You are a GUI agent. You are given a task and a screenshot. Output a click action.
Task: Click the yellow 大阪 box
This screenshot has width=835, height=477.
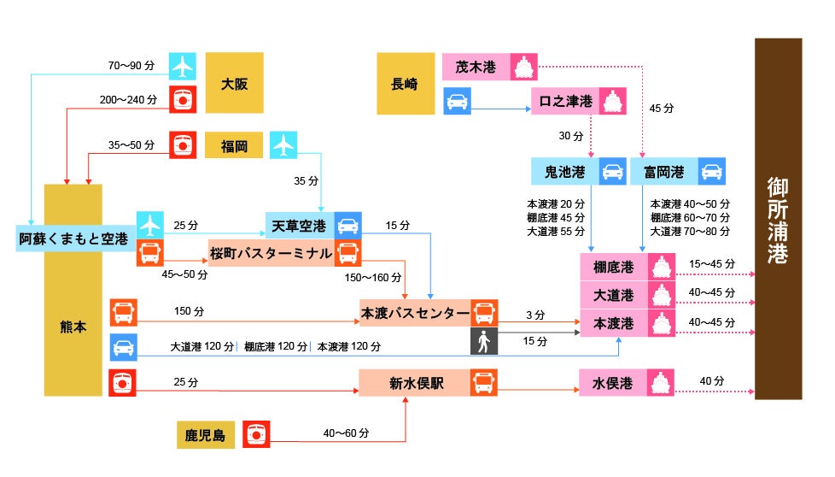[x=234, y=83]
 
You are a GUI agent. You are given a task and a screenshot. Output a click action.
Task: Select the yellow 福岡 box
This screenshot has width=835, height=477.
[x=234, y=145]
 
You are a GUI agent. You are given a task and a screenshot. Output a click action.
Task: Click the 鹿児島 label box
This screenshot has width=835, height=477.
[x=206, y=434]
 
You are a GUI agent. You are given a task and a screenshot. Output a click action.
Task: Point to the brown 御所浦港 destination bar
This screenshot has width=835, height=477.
[x=777, y=219]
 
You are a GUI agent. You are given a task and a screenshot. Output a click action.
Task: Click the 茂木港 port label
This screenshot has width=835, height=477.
[x=476, y=67]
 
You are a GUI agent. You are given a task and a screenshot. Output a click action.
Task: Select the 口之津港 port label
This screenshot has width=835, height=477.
[x=565, y=101]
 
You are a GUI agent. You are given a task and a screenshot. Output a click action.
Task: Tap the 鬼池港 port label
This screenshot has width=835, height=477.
[x=564, y=171]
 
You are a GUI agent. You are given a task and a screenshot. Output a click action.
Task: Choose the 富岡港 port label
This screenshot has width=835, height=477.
[x=663, y=171]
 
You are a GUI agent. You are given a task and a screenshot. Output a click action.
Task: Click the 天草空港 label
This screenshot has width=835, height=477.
[x=299, y=226]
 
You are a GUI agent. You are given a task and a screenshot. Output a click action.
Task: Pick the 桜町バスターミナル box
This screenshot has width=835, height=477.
[x=271, y=253]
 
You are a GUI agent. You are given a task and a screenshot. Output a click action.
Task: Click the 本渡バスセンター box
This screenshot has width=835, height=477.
[x=414, y=314]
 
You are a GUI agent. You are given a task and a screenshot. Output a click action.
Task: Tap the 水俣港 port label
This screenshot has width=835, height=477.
[x=612, y=383]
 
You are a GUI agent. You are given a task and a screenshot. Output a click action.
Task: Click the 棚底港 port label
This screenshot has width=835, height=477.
[x=613, y=267]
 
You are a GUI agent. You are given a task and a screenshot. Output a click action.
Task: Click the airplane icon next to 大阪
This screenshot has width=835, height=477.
[x=182, y=66]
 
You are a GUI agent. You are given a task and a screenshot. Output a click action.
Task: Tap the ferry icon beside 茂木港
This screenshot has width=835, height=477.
[x=524, y=67]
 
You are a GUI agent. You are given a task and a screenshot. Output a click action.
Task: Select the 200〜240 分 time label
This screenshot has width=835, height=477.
[x=128, y=100]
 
